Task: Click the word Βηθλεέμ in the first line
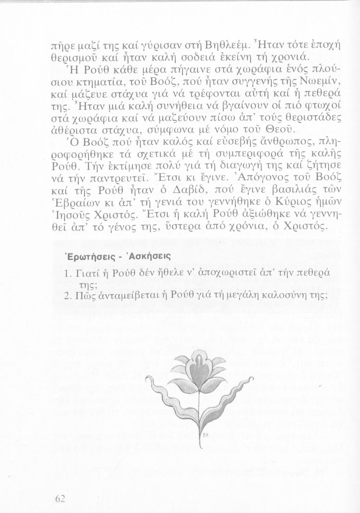tap(223, 45)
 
